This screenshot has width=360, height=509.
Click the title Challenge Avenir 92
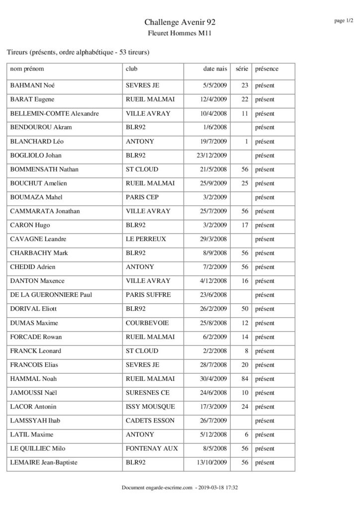point(180,22)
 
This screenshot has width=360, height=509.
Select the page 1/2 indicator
point(343,20)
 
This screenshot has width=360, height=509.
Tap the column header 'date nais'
point(215,69)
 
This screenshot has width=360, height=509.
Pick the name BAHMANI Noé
point(32,85)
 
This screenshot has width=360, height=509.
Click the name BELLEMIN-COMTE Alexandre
point(55,113)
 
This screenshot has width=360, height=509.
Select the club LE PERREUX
point(146,239)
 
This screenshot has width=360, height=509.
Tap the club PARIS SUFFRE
point(148,295)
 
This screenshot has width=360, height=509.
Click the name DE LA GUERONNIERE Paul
point(51,295)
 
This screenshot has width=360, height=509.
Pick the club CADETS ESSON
point(150,421)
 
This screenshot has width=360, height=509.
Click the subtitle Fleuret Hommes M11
point(180,33)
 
